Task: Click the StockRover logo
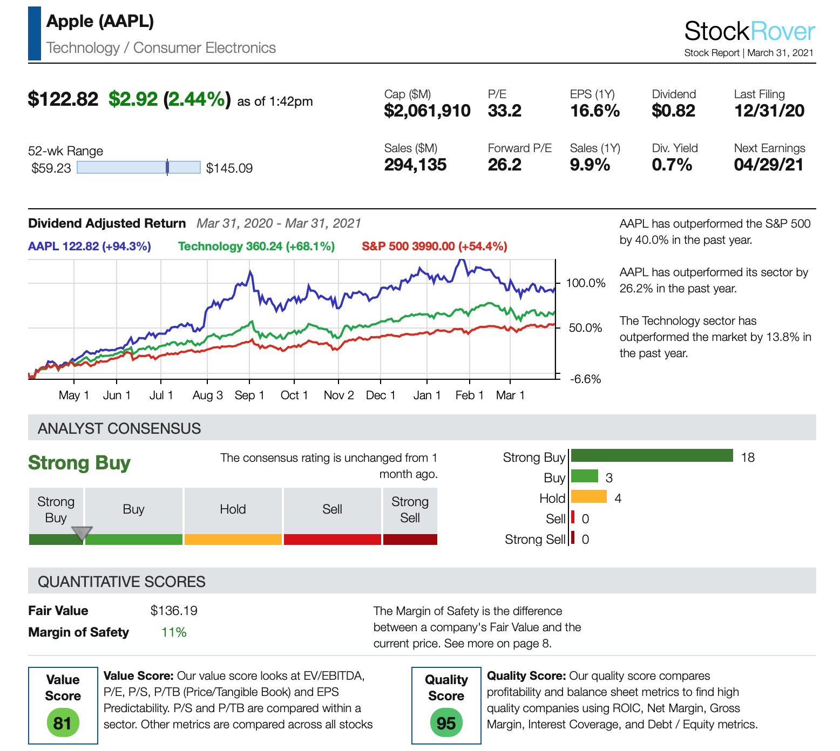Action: (x=749, y=31)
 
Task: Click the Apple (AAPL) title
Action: (x=100, y=21)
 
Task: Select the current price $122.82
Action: (x=63, y=99)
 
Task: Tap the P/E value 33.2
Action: (x=504, y=111)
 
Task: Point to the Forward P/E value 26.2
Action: (x=504, y=165)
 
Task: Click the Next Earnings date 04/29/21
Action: (x=769, y=165)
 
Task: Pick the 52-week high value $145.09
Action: (x=229, y=168)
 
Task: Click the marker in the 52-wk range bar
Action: (x=167, y=167)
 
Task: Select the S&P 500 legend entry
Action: (x=434, y=247)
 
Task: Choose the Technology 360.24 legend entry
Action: (x=256, y=247)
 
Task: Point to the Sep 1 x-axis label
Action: (x=249, y=395)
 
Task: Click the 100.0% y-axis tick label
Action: (x=586, y=283)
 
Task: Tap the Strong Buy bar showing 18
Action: (x=652, y=456)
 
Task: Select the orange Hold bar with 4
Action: (x=588, y=496)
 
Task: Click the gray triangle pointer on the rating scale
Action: (x=82, y=533)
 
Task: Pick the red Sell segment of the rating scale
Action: (x=332, y=540)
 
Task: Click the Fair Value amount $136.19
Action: (x=174, y=611)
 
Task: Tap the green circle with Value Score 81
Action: (x=63, y=723)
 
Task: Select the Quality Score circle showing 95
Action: (x=446, y=723)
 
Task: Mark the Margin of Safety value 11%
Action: (x=174, y=632)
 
